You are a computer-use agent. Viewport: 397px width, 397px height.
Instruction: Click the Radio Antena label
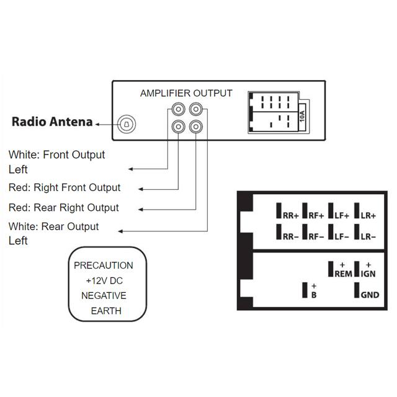[x=52, y=122]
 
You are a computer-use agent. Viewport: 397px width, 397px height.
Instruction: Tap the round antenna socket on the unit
[x=127, y=123]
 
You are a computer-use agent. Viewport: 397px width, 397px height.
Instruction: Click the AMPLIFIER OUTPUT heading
[x=186, y=94]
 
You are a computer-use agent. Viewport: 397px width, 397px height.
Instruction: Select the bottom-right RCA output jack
[x=196, y=127]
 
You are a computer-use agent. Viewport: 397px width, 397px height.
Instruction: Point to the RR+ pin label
[x=290, y=215]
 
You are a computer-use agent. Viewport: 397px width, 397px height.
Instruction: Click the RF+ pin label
[x=316, y=215]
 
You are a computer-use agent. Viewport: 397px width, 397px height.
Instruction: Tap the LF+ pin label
[x=342, y=215]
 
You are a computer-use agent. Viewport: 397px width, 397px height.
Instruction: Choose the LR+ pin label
[x=368, y=215]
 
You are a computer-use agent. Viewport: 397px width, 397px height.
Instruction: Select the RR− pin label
[x=290, y=236]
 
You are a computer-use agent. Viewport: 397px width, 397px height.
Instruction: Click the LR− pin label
[x=368, y=236]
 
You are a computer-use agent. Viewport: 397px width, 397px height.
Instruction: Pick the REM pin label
[x=342, y=274]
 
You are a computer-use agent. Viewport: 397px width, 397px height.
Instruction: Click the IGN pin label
[x=368, y=274]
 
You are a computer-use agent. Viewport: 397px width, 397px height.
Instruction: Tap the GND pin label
[x=369, y=295]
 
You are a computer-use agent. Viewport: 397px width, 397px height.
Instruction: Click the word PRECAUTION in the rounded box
[x=104, y=265]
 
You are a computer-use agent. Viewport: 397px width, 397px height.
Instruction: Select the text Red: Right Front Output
[x=65, y=187]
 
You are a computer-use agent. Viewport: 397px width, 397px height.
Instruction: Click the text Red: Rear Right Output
[x=63, y=207]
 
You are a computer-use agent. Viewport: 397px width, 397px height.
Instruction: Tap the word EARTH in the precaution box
[x=104, y=311]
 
